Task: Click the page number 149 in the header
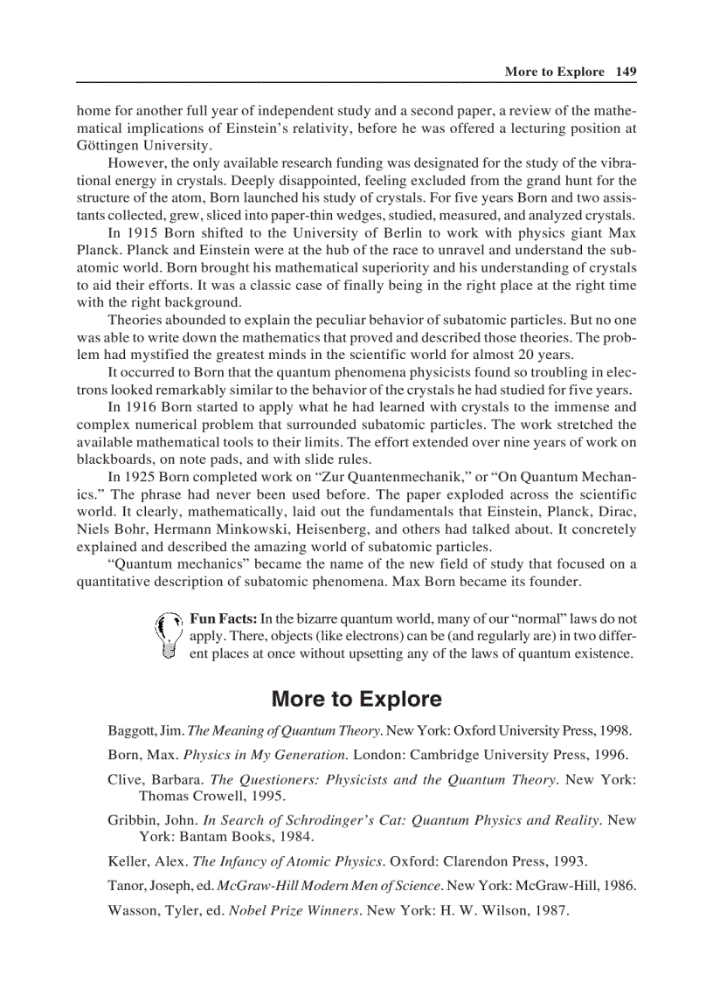625,72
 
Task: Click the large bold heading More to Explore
356,699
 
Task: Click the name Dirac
616,512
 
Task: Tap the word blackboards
115,459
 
